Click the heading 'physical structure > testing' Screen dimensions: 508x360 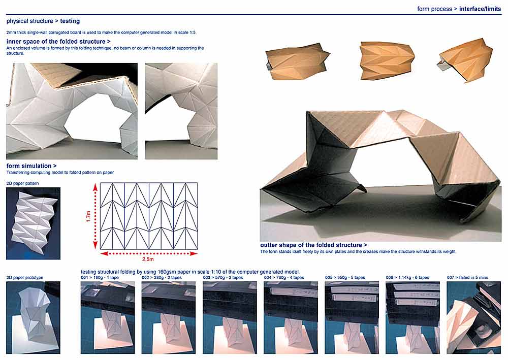click(43, 21)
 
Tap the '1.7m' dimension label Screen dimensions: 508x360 click(88, 216)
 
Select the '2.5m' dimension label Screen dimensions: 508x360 click(148, 259)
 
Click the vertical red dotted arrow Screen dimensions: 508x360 click(96, 216)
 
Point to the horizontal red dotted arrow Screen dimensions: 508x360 click(149, 253)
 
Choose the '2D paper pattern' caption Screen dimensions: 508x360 click(23, 183)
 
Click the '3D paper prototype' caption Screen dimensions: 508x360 click(24, 277)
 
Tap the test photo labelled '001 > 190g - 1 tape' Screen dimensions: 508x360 click(108, 317)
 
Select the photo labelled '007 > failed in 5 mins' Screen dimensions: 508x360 click(473, 317)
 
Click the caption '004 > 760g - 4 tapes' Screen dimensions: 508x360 click(284, 277)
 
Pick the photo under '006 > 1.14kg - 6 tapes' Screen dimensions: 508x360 click(412, 317)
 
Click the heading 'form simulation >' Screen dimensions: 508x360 click(31, 166)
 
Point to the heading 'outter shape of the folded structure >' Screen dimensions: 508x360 click(313, 245)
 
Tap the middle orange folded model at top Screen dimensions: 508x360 click(387, 60)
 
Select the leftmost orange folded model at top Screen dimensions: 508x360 click(296, 61)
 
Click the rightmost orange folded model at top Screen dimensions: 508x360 click(466, 60)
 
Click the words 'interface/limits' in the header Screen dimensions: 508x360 click(480, 9)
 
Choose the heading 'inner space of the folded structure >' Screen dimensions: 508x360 click(58, 42)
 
